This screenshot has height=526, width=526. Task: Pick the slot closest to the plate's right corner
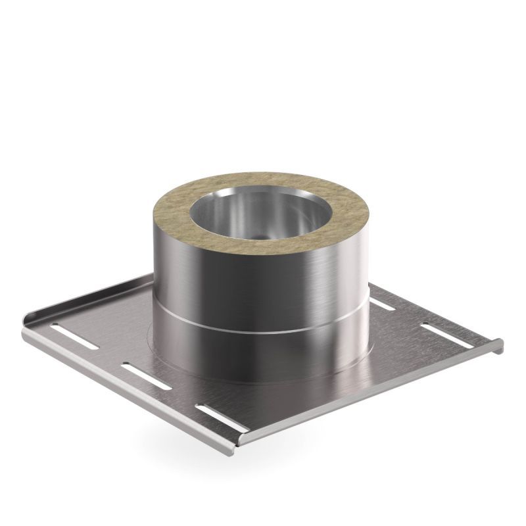437,327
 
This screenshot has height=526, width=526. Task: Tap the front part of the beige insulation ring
263,247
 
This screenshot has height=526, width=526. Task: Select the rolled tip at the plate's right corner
498,343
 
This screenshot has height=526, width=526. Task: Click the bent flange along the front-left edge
131,388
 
